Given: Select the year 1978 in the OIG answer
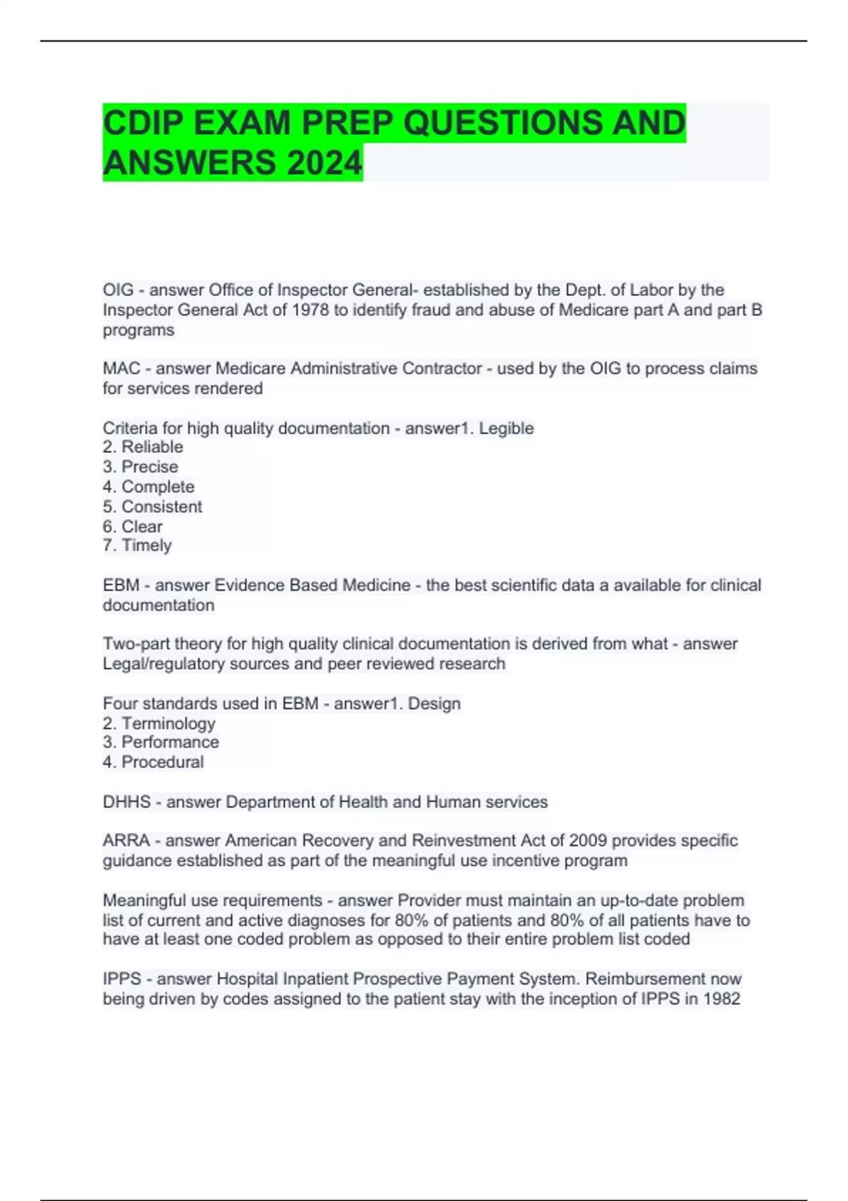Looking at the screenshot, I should [310, 310].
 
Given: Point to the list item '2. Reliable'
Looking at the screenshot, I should [143, 447].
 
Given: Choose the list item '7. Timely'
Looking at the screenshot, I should [137, 545].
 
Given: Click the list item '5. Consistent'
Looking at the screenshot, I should [152, 507].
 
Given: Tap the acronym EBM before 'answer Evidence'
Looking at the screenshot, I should [121, 586].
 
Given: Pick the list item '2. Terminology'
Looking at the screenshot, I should [159, 723].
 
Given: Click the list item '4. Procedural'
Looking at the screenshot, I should [153, 762].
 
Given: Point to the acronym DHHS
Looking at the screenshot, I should [126, 802].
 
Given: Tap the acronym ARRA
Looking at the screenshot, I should [126, 841].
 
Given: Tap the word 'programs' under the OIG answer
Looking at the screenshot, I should [139, 331].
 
